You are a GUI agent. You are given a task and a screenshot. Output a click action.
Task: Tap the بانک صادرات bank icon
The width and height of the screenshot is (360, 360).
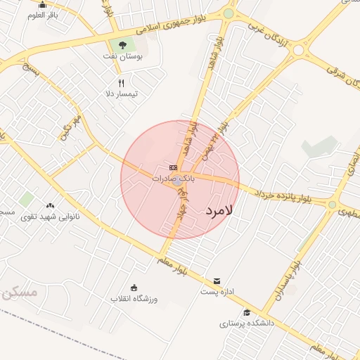(173, 167)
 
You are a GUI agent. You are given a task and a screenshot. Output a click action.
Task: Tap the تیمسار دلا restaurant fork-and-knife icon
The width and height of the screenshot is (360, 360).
(121, 83)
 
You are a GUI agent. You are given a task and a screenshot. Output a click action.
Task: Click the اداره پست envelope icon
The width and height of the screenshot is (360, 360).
(217, 281)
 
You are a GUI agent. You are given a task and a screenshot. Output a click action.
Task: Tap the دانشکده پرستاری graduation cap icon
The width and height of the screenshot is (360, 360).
(247, 313)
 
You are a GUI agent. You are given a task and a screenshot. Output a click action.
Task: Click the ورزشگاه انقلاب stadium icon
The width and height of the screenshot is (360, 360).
(134, 287)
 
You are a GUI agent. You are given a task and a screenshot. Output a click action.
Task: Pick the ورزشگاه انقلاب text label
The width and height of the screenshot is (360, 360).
(134, 298)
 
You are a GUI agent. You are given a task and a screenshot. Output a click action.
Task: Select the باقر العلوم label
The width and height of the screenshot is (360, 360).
(43, 15)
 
